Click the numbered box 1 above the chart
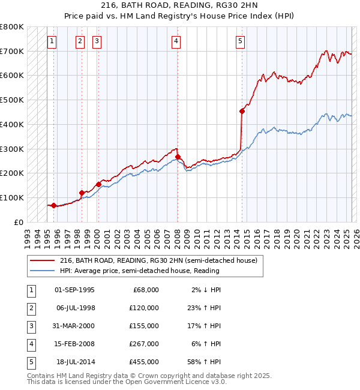(52, 41)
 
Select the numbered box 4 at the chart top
(176, 41)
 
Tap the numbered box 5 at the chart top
(240, 41)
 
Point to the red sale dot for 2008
(178, 157)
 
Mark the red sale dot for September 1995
(54, 205)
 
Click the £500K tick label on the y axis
(12, 100)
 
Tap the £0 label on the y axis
(18, 222)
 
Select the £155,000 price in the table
(143, 326)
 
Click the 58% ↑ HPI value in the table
(207, 362)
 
